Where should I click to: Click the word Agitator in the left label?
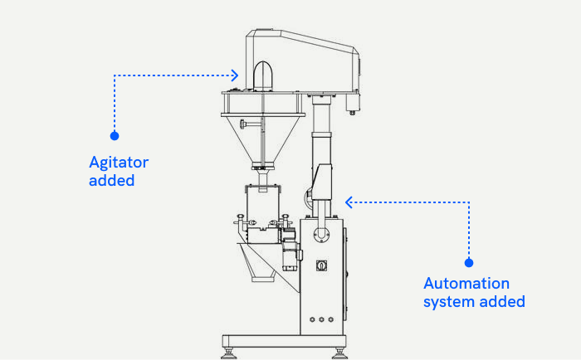click(119, 163)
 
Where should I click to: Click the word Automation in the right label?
click(466, 284)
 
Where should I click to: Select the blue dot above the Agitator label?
click(115, 134)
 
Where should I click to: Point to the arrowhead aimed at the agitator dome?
click(235, 75)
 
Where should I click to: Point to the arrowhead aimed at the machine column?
click(349, 202)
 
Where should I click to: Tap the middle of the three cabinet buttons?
click(320, 319)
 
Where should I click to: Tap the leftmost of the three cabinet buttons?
click(310, 319)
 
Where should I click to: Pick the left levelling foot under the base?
click(229, 352)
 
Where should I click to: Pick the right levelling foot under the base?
click(339, 352)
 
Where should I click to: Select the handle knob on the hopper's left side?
click(243, 124)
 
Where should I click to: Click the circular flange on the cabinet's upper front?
click(320, 236)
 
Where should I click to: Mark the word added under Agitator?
click(111, 180)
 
